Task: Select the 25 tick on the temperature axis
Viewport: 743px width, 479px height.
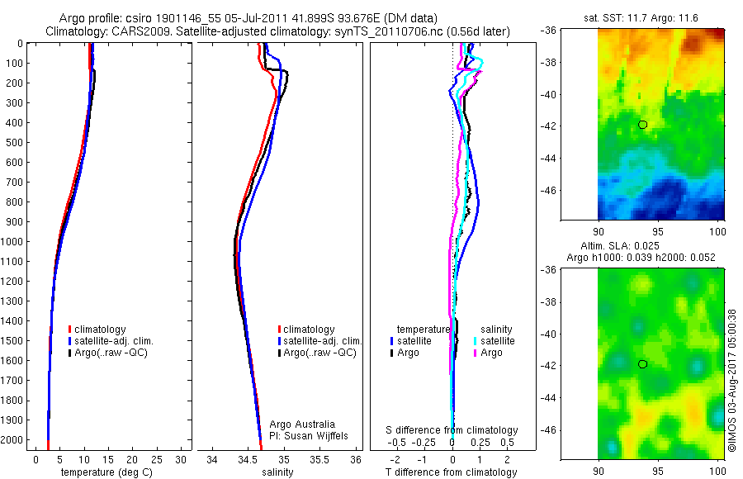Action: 157,460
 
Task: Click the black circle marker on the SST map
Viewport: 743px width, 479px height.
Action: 642,125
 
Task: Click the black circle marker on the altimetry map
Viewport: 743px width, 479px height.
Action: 642,364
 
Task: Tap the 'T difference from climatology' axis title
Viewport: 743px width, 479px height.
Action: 451,472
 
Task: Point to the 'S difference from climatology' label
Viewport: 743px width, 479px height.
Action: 452,430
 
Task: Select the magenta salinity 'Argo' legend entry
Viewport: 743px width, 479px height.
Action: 491,353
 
